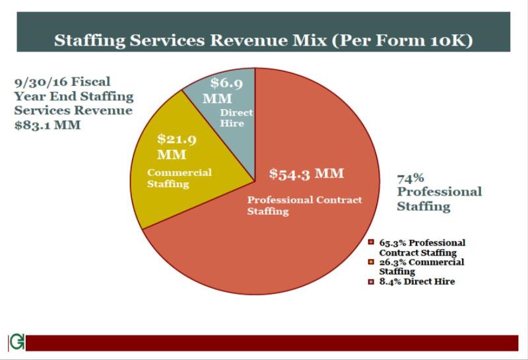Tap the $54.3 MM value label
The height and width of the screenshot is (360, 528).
(307, 174)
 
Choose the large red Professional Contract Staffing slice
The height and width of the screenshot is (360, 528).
(297, 251)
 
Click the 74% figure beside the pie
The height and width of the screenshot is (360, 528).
(410, 178)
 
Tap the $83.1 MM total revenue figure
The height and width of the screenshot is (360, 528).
(47, 124)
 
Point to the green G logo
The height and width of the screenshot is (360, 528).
(16, 343)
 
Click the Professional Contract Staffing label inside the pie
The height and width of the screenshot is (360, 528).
(304, 205)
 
